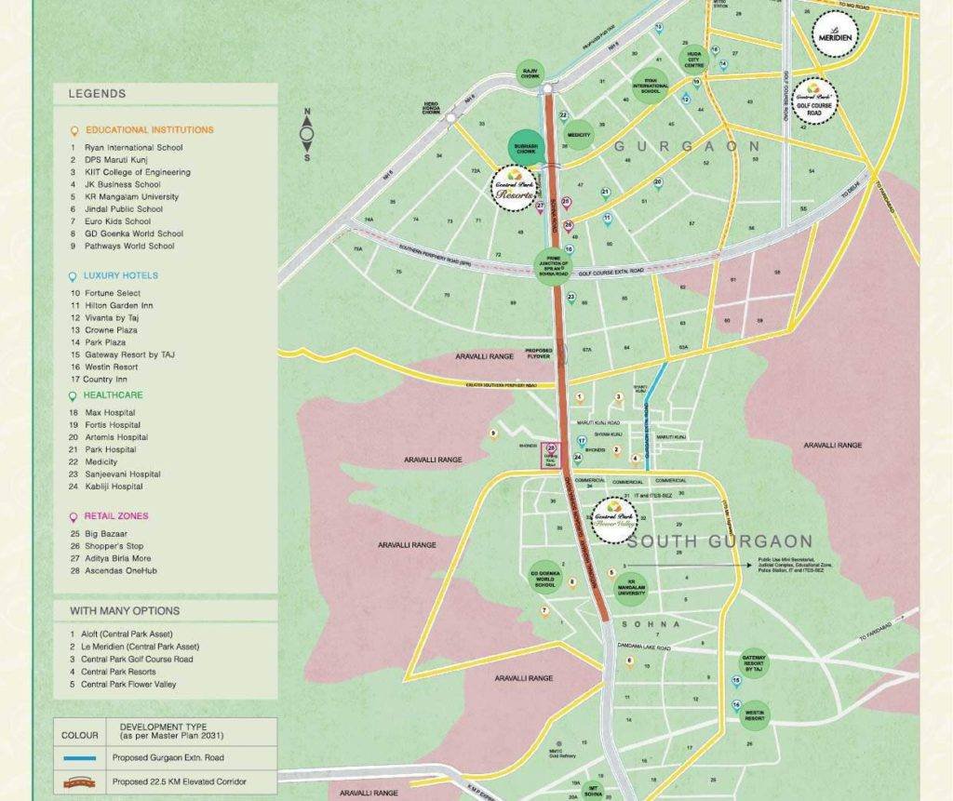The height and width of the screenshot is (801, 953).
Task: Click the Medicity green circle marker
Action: coord(579,133)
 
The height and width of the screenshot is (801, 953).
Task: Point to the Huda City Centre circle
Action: coord(694,59)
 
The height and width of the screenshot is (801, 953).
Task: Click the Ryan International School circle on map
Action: coord(651,86)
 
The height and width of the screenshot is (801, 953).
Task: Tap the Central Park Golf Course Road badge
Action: coord(814,100)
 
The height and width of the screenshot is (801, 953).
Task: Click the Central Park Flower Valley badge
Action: coord(613,514)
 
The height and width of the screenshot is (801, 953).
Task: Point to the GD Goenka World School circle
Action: coord(545,579)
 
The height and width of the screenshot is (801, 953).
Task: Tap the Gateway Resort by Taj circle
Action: coord(755,664)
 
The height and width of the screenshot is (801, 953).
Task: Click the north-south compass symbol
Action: coord(306,135)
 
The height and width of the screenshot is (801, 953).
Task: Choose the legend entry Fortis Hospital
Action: coord(103,425)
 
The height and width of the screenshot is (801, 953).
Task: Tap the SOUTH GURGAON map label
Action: coord(719,541)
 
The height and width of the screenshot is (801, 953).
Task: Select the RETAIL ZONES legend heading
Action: coord(115,515)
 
